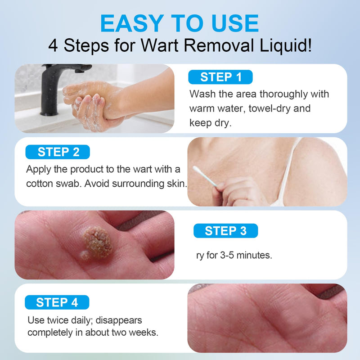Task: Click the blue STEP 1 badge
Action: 220,77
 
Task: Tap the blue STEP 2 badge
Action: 58,152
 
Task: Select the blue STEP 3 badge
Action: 225,231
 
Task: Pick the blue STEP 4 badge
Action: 57,302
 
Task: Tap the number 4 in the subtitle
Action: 54,46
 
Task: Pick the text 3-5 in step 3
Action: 226,256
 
